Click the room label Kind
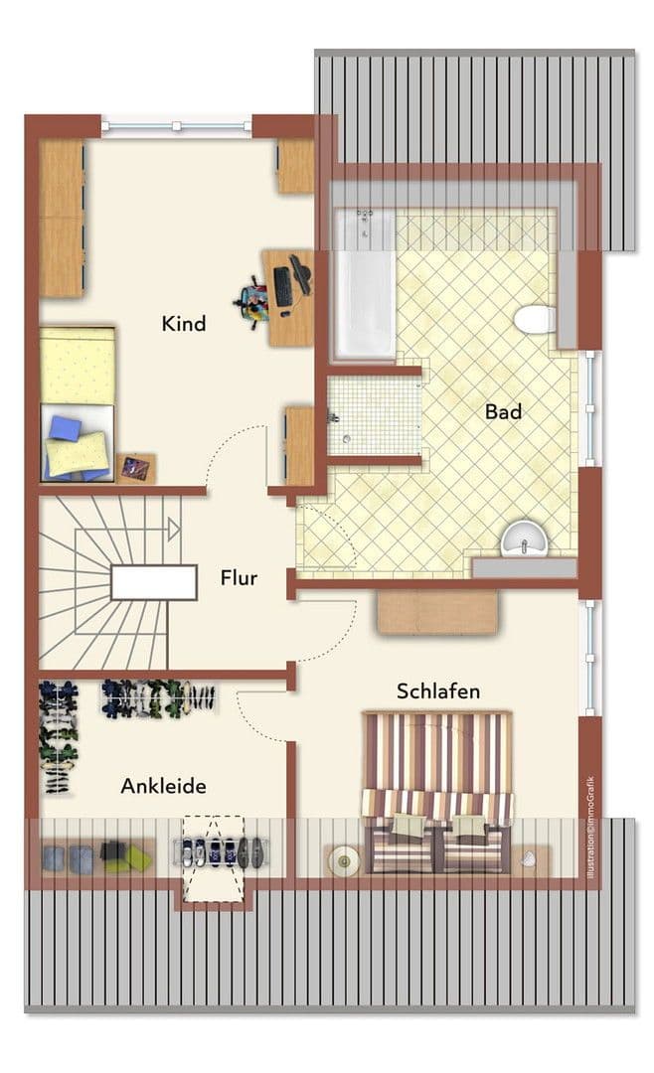point(184,323)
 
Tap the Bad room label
point(504,410)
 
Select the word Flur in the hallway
point(240,576)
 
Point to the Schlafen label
point(438,690)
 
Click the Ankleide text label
point(164,786)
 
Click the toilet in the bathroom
point(536,320)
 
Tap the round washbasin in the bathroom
point(524,539)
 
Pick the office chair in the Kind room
point(254,299)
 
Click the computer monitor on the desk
point(299,275)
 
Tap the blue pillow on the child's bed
point(65,428)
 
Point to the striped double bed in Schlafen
point(437,790)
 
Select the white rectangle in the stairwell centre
point(153,582)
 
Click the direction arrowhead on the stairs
point(174,530)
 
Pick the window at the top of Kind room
point(176,126)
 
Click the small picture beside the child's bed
point(135,467)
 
